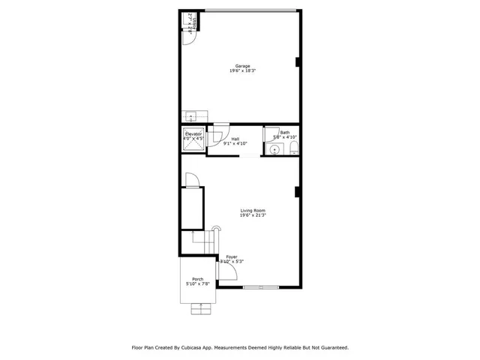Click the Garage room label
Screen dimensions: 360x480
pos(242,66)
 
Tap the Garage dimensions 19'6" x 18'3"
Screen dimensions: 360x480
pos(242,71)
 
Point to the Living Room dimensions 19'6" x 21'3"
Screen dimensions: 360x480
pos(253,215)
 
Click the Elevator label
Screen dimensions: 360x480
pos(193,133)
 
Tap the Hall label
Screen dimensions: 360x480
pos(235,139)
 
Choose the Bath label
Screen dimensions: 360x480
pos(285,133)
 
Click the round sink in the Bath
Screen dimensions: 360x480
pos(275,149)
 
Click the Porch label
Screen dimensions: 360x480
pos(197,279)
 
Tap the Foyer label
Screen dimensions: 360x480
pos(232,256)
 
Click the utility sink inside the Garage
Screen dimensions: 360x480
pos(190,116)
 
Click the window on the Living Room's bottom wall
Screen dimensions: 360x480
pos(260,287)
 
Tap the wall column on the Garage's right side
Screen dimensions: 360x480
pos(298,61)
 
